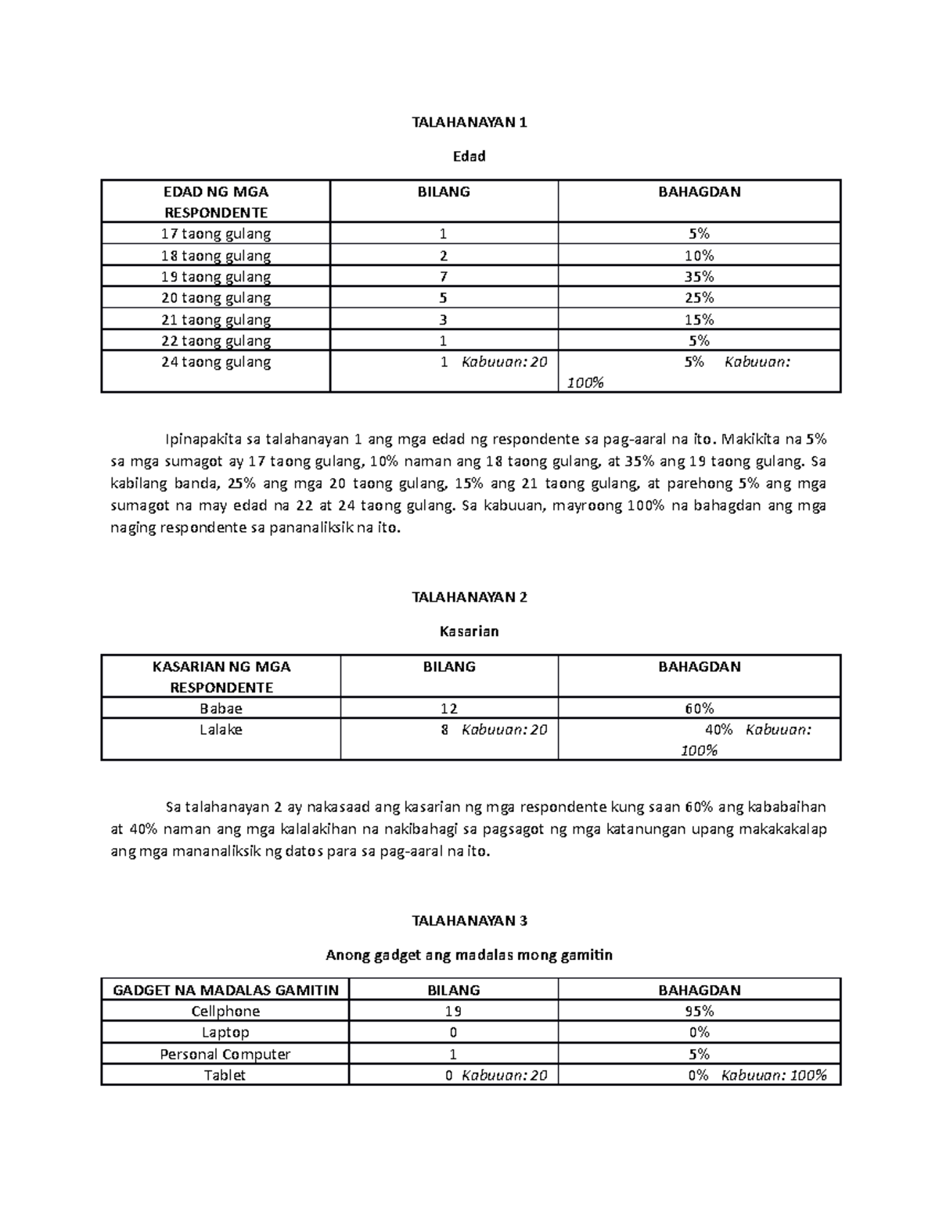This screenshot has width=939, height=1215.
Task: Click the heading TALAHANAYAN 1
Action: click(469, 122)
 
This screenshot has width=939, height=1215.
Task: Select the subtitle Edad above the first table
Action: click(469, 156)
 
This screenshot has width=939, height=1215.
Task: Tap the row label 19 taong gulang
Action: click(215, 277)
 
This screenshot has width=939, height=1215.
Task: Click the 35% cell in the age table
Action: click(699, 277)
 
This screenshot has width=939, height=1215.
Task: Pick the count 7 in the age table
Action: click(444, 277)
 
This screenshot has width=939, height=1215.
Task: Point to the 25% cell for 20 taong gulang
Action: click(699, 298)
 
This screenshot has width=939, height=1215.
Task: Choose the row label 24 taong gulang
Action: click(215, 362)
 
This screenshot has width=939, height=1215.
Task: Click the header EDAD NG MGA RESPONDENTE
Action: click(215, 202)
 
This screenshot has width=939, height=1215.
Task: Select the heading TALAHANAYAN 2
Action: click(469, 597)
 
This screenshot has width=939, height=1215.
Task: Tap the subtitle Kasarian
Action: click(469, 631)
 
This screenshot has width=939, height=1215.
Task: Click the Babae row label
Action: click(221, 709)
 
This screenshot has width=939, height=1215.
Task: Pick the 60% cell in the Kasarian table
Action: click(699, 709)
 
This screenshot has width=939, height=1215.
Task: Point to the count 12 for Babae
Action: click(449, 709)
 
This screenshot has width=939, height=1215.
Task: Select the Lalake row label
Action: click(221, 730)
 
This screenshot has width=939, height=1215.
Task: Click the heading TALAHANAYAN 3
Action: click(469, 921)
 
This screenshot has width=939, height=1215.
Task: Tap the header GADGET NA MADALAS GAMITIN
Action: click(225, 990)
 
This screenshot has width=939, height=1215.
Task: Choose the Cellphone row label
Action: click(225, 1012)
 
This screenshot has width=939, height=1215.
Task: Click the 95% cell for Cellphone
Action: click(699, 1012)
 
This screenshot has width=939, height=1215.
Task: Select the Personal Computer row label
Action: click(225, 1055)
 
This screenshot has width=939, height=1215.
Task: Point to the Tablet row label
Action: click(225, 1076)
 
